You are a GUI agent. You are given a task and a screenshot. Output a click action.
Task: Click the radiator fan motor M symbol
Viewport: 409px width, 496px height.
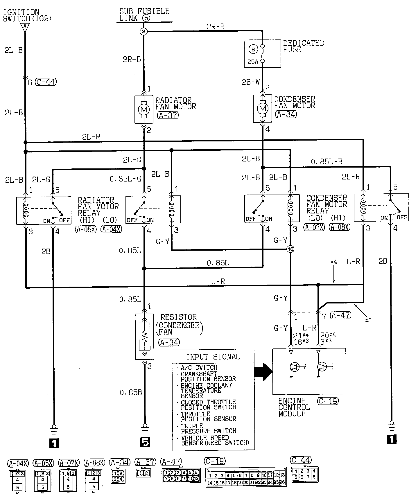pyautogui.click(x=144, y=109)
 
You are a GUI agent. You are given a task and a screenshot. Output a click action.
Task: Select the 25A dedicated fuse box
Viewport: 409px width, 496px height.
pyautogui.click(x=262, y=54)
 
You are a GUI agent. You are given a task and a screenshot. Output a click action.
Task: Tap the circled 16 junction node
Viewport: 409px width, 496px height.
pyautogui.click(x=290, y=249)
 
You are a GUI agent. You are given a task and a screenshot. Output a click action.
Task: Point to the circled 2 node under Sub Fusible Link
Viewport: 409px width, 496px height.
pyautogui.click(x=143, y=32)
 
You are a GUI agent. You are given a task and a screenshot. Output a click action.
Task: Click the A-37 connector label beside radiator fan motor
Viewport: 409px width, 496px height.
pyautogui.click(x=168, y=115)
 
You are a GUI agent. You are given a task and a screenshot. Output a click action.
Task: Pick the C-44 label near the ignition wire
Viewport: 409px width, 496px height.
pyautogui.click(x=46, y=82)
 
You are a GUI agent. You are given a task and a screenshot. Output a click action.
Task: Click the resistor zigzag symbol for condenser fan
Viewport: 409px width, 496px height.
pyautogui.click(x=145, y=337)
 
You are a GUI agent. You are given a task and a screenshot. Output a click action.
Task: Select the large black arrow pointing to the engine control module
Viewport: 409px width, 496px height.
pyautogui.click(x=263, y=371)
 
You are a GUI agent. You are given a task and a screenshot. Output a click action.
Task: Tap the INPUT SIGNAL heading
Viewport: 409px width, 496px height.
pyautogui.click(x=213, y=357)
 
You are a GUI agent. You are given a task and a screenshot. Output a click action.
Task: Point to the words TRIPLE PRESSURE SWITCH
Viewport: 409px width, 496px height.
pyautogui.click(x=209, y=428)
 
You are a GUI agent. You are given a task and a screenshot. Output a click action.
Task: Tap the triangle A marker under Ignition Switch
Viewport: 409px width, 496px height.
pyautogui.click(x=25, y=27)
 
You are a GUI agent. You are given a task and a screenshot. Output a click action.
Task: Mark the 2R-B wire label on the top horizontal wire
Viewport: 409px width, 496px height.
pyautogui.click(x=215, y=27)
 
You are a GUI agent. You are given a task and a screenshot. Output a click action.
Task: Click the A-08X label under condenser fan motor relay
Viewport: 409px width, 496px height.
pyautogui.click(x=340, y=227)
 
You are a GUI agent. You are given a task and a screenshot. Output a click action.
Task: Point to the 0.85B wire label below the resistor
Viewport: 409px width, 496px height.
pyautogui.click(x=131, y=393)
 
